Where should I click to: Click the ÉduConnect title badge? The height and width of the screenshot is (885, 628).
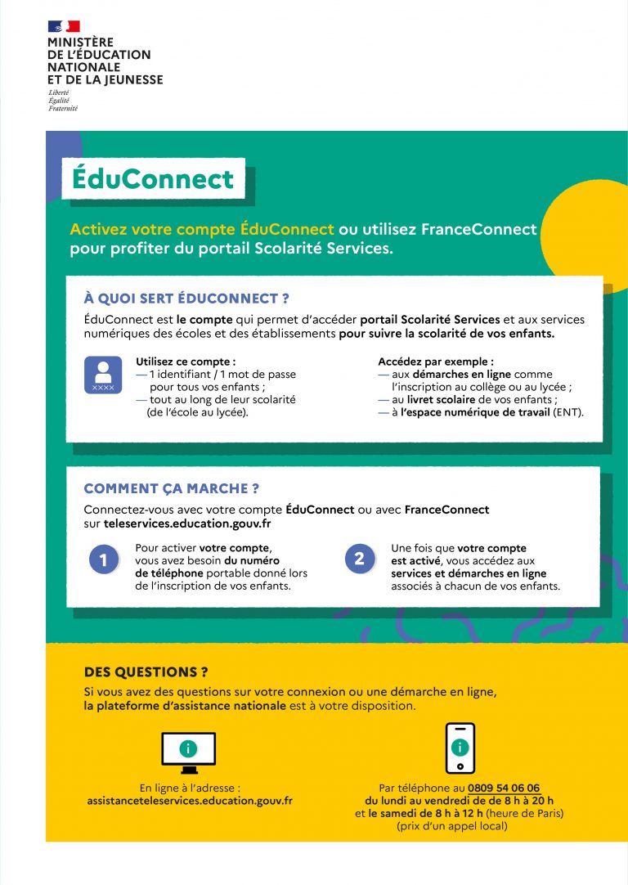coord(153,178)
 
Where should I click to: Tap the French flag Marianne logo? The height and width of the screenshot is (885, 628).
coord(64,27)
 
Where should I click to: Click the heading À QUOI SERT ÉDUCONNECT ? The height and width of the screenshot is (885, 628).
coord(186,299)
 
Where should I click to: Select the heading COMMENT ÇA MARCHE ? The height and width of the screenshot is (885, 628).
coord(172,489)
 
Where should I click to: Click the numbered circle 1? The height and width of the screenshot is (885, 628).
coord(104,560)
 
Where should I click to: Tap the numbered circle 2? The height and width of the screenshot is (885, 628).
coord(360,559)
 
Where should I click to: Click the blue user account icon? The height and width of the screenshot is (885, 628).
coord(103,375)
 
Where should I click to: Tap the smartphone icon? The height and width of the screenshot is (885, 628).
coord(460,748)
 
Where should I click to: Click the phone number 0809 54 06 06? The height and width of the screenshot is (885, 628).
coord(504,788)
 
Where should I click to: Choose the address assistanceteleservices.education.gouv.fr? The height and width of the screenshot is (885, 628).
coord(190,802)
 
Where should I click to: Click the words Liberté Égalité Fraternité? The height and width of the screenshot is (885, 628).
coord(62,101)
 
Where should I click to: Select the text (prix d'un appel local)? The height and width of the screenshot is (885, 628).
coord(451,826)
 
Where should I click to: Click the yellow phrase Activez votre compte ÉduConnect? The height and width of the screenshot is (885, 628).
coord(202,229)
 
